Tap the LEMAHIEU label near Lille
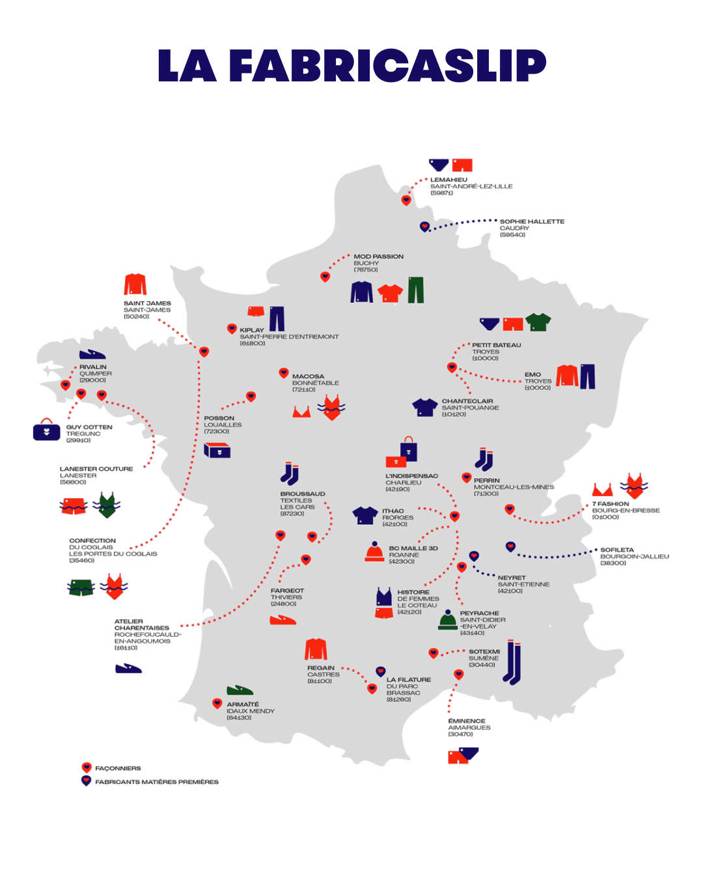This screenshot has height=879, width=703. (x=448, y=180)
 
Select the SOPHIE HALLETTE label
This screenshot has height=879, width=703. (x=532, y=221)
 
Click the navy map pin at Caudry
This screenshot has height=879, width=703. (x=424, y=227)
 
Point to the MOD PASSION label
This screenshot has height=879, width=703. (x=378, y=257)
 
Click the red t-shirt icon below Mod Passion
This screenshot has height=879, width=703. (x=390, y=293)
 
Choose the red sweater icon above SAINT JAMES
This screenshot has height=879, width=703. (x=135, y=285)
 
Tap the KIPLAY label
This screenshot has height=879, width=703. (x=252, y=330)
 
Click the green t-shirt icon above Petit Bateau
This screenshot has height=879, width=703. (x=538, y=322)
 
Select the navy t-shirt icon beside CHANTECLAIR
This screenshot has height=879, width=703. (x=424, y=408)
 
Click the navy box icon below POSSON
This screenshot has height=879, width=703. (x=217, y=450)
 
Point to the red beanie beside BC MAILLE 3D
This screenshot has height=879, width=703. (x=374, y=552)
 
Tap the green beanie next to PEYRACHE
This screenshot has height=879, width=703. (x=448, y=620)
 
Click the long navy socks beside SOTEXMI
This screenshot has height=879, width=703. (x=513, y=663)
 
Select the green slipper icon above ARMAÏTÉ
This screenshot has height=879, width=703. (x=240, y=690)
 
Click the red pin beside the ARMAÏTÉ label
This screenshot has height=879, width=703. (x=217, y=703)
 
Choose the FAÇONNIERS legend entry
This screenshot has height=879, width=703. (x=118, y=768)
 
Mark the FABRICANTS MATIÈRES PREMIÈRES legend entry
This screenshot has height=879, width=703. (x=156, y=782)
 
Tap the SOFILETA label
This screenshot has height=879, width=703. (x=616, y=550)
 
